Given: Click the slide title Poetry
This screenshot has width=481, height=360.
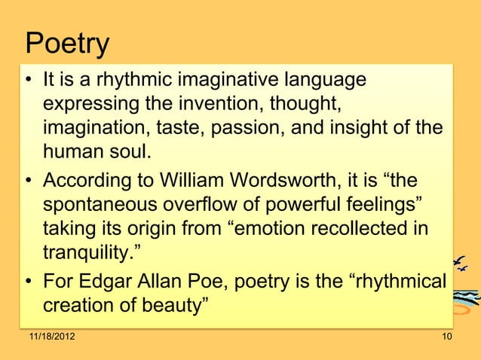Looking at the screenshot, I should pos(68,44).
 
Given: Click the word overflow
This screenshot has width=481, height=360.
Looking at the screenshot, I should pos(213,206).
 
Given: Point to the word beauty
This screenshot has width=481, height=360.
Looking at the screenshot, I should pos(175,308).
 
